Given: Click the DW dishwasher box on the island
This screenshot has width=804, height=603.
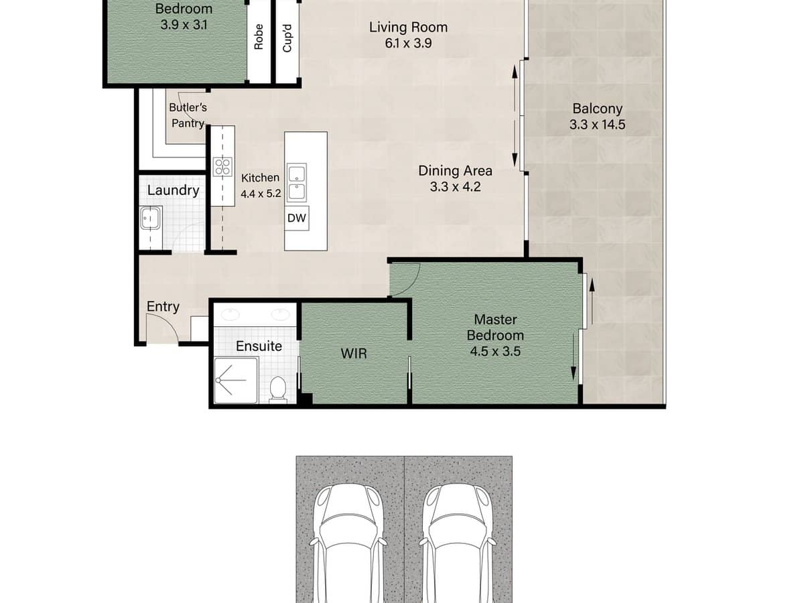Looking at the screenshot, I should point(296,218).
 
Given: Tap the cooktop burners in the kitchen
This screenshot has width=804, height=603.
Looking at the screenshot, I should point(222,166).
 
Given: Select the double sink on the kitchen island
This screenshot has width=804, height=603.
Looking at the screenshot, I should point(296,183).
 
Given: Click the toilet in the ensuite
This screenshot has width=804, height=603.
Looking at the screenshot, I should point(277,389).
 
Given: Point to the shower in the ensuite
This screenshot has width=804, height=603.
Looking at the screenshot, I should point(235,381).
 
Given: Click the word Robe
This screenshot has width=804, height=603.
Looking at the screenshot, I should point(259,37).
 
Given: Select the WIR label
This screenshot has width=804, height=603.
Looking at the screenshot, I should point(354,353).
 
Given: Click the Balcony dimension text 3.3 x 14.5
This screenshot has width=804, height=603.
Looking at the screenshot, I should point(597,125).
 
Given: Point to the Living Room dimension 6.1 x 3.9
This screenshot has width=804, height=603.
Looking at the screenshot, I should point(408,43).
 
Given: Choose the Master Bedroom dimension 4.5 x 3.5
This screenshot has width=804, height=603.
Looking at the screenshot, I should point(495,350).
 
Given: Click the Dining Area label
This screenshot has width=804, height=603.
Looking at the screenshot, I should point(456,171).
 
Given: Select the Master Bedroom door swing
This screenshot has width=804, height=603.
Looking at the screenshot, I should point(404,278).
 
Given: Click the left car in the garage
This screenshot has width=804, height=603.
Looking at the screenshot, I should point(350,543).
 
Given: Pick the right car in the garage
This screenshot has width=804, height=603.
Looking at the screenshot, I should point(459,543).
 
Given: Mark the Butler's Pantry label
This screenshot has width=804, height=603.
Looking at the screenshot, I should point(188,115).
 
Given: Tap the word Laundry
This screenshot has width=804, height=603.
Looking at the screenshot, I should point(173,190).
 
